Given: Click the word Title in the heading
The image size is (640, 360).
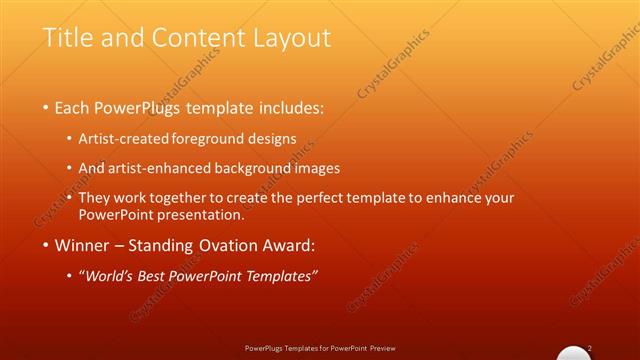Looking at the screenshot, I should [x=68, y=38].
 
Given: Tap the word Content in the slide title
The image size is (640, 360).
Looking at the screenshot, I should [x=191, y=38].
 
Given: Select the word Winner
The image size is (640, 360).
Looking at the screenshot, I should [x=83, y=244].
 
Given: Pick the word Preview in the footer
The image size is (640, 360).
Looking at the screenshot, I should [x=383, y=348].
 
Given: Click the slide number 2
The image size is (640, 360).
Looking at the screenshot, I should [x=591, y=347].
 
